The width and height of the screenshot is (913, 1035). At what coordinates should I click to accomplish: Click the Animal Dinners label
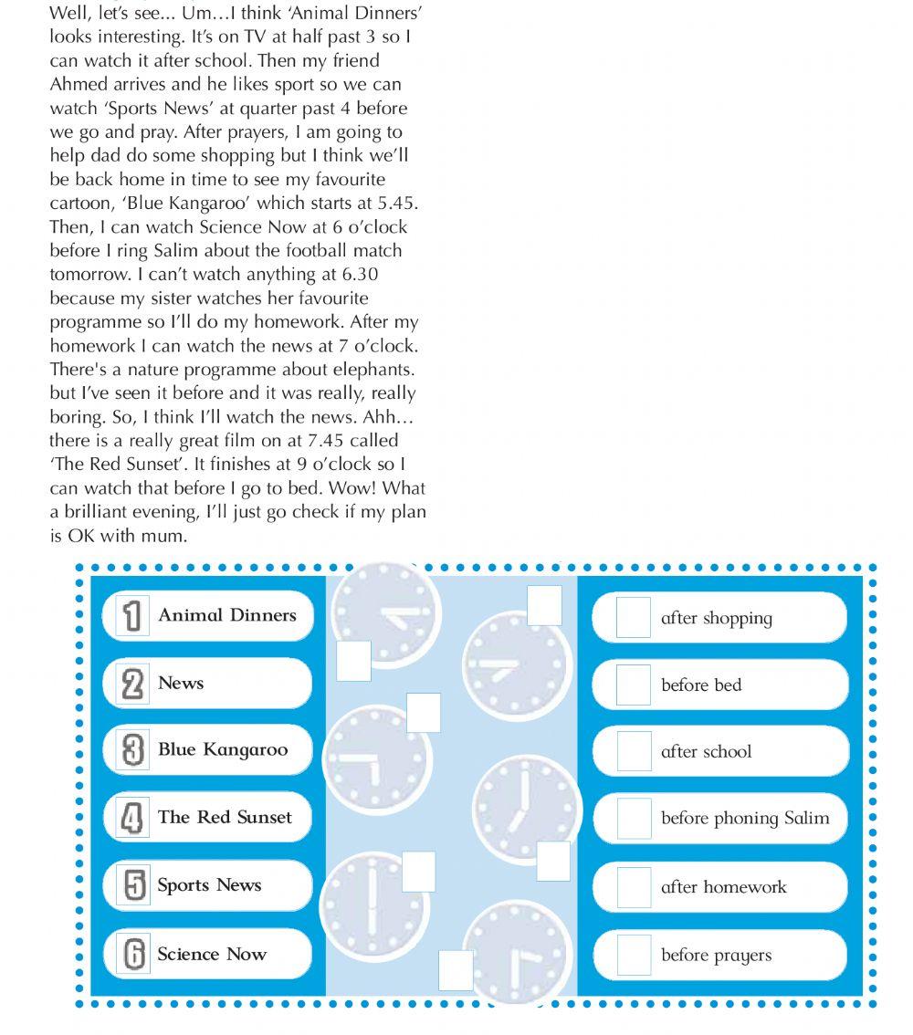(x=226, y=615)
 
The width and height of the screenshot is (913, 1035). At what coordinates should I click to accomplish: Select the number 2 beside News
(x=132, y=684)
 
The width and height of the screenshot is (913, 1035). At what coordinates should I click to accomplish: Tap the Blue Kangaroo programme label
(x=222, y=750)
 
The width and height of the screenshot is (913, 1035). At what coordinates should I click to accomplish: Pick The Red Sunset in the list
(x=225, y=817)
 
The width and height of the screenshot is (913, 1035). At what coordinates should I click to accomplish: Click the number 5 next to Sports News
(x=133, y=885)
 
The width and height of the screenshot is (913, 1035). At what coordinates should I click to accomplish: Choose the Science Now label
(x=211, y=955)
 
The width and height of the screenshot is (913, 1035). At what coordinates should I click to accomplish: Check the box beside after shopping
(x=634, y=618)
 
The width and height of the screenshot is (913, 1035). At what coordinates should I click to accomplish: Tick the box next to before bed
(x=634, y=685)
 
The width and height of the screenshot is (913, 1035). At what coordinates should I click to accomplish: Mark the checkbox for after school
(x=634, y=751)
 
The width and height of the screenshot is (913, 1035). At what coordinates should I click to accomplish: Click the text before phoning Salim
(x=745, y=819)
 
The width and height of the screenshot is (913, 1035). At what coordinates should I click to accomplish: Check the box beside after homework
(x=634, y=887)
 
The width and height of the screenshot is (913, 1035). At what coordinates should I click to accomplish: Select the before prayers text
(x=716, y=956)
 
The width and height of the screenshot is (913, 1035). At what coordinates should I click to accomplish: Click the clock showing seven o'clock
(x=526, y=807)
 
